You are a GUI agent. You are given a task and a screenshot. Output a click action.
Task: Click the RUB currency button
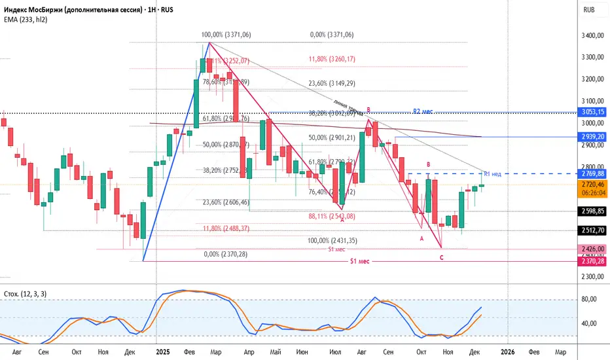click(588, 10)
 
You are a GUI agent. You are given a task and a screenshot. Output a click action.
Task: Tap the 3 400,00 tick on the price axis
click(592, 35)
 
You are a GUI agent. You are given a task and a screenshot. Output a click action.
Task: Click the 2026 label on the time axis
click(507, 351)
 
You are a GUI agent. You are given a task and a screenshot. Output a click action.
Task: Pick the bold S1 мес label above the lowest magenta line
click(360, 261)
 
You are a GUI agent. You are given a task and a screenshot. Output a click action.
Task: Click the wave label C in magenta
click(442, 257)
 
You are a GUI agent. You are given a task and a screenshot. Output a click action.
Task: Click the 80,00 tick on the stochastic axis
click(590, 299)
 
